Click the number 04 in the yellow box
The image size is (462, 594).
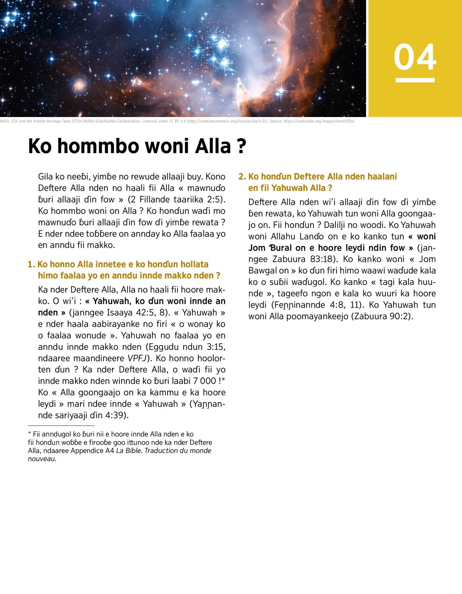pyautogui.click(x=415, y=57)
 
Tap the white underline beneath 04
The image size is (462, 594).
pyautogui.click(x=415, y=80)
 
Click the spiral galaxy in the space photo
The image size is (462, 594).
pyautogui.click(x=80, y=84)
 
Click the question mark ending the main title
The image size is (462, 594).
pyautogui.click(x=241, y=146)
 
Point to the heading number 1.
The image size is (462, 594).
pyautogui.click(x=31, y=264)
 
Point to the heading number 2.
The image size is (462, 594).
pyautogui.click(x=241, y=177)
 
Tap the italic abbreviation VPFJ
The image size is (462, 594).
pyautogui.click(x=137, y=358)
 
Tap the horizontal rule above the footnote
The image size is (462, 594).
pyautogui.click(x=61, y=426)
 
